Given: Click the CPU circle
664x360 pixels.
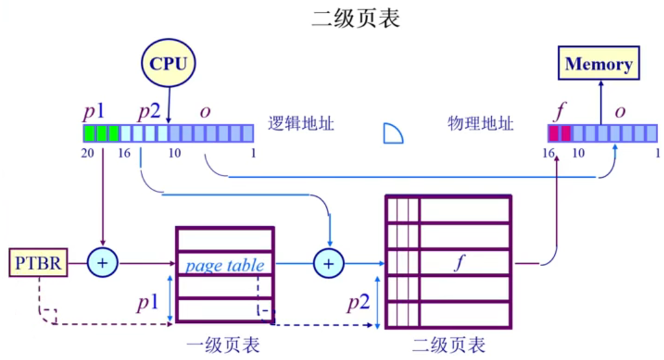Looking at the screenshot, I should tap(168, 64).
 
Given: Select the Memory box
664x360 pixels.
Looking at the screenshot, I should tap(599, 64).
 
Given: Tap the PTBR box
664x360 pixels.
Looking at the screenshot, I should tap(38, 264).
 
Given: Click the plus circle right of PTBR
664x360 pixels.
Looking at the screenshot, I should tap(103, 264).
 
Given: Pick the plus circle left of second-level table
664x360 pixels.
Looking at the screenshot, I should tap(329, 264).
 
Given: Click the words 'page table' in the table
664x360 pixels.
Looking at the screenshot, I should tap(225, 266).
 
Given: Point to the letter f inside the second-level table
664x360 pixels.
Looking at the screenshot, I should tap(458, 264).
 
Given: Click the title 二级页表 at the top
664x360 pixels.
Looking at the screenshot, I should tap(356, 19).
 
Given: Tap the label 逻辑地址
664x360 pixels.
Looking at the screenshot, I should tap(301, 123).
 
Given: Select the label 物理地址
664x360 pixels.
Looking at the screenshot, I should tap(481, 123).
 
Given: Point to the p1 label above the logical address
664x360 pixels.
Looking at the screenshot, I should tap(96, 113).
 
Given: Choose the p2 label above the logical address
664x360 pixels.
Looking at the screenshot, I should tap(149, 113).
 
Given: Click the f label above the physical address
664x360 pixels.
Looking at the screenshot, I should tap(560, 112).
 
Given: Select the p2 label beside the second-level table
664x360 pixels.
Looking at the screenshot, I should tap(359, 303).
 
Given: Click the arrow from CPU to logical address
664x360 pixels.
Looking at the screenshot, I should tap(169, 105).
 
